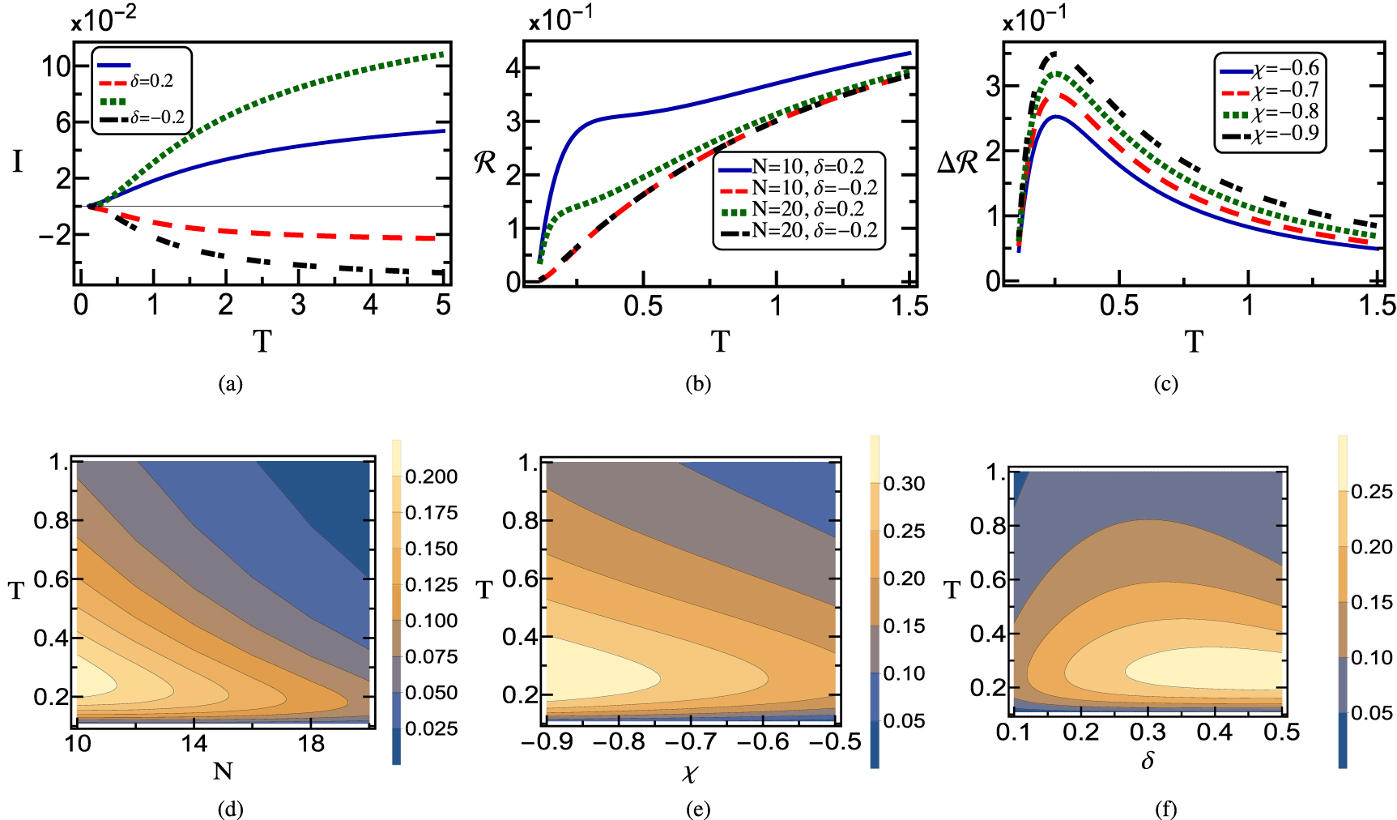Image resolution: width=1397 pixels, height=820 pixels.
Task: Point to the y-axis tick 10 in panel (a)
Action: [x=57, y=66]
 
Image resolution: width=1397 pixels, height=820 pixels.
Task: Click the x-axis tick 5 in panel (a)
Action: [x=442, y=305]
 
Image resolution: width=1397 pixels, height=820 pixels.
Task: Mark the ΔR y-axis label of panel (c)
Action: [x=958, y=164]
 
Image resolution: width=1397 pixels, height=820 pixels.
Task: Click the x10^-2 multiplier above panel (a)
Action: [x=104, y=20]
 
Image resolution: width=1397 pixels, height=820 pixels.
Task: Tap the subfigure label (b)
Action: [x=697, y=383]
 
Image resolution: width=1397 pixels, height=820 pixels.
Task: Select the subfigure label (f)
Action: [x=1165, y=809]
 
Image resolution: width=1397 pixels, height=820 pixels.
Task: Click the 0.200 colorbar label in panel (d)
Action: [x=431, y=477]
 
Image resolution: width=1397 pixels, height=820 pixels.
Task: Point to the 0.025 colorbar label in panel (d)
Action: [x=431, y=729]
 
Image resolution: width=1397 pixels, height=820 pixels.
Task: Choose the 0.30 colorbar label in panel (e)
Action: [x=904, y=485]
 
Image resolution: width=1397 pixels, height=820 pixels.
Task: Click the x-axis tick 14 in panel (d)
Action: [x=194, y=743]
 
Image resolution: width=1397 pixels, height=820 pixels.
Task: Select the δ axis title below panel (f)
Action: [x=1148, y=761]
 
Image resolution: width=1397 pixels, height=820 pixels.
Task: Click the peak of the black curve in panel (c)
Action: [x=1054, y=53]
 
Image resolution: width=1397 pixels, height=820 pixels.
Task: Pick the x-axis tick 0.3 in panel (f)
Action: [x=1148, y=732]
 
